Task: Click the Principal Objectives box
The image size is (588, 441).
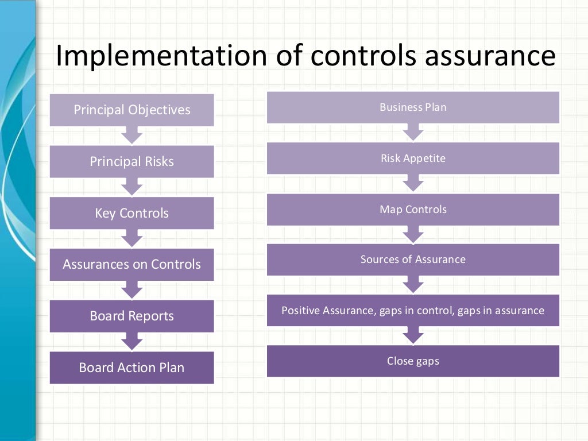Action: [131, 110]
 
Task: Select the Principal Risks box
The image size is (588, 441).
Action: [131, 161]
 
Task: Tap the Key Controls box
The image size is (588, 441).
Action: [131, 213]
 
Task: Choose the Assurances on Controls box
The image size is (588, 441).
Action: [131, 264]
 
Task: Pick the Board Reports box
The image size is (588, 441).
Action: [131, 316]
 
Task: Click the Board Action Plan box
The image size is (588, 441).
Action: [131, 367]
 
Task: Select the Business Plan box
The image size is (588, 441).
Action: [413, 107]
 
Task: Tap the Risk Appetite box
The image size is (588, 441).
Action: [413, 158]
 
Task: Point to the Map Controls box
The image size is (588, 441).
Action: [413, 209]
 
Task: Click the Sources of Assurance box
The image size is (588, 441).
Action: [413, 260]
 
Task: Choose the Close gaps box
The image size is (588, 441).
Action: [413, 361]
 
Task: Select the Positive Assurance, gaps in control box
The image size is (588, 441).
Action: [413, 311]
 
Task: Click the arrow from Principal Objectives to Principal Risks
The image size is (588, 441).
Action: [131, 136]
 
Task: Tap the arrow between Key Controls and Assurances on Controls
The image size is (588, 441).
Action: [131, 238]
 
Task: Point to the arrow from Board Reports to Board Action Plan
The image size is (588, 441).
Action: [131, 342]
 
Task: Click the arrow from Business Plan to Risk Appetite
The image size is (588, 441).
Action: [413, 133]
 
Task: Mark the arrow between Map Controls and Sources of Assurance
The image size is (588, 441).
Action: [413, 234]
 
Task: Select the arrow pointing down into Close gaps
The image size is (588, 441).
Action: [413, 335]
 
